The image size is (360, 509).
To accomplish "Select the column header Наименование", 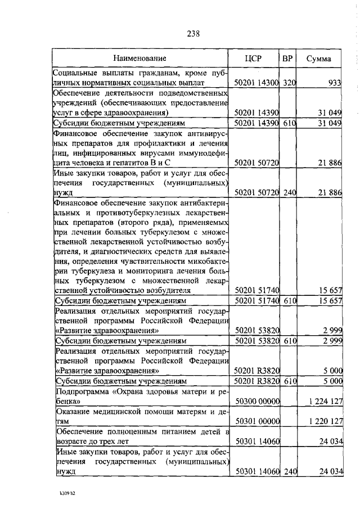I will pos(139,58).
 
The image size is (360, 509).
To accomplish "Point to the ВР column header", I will pos(287,58).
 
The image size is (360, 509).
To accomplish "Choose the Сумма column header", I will pos(318,58).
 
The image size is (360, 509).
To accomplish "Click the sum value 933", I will pos(335,83).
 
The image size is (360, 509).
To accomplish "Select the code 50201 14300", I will pos(257,83).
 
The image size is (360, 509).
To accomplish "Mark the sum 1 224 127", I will pos(326,400).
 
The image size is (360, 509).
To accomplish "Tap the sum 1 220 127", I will pos(326,420).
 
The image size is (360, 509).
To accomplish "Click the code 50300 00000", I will pos(257,400).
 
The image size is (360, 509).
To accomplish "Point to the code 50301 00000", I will pos(257,420).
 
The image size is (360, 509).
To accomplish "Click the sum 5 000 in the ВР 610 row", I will pos(331,381).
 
